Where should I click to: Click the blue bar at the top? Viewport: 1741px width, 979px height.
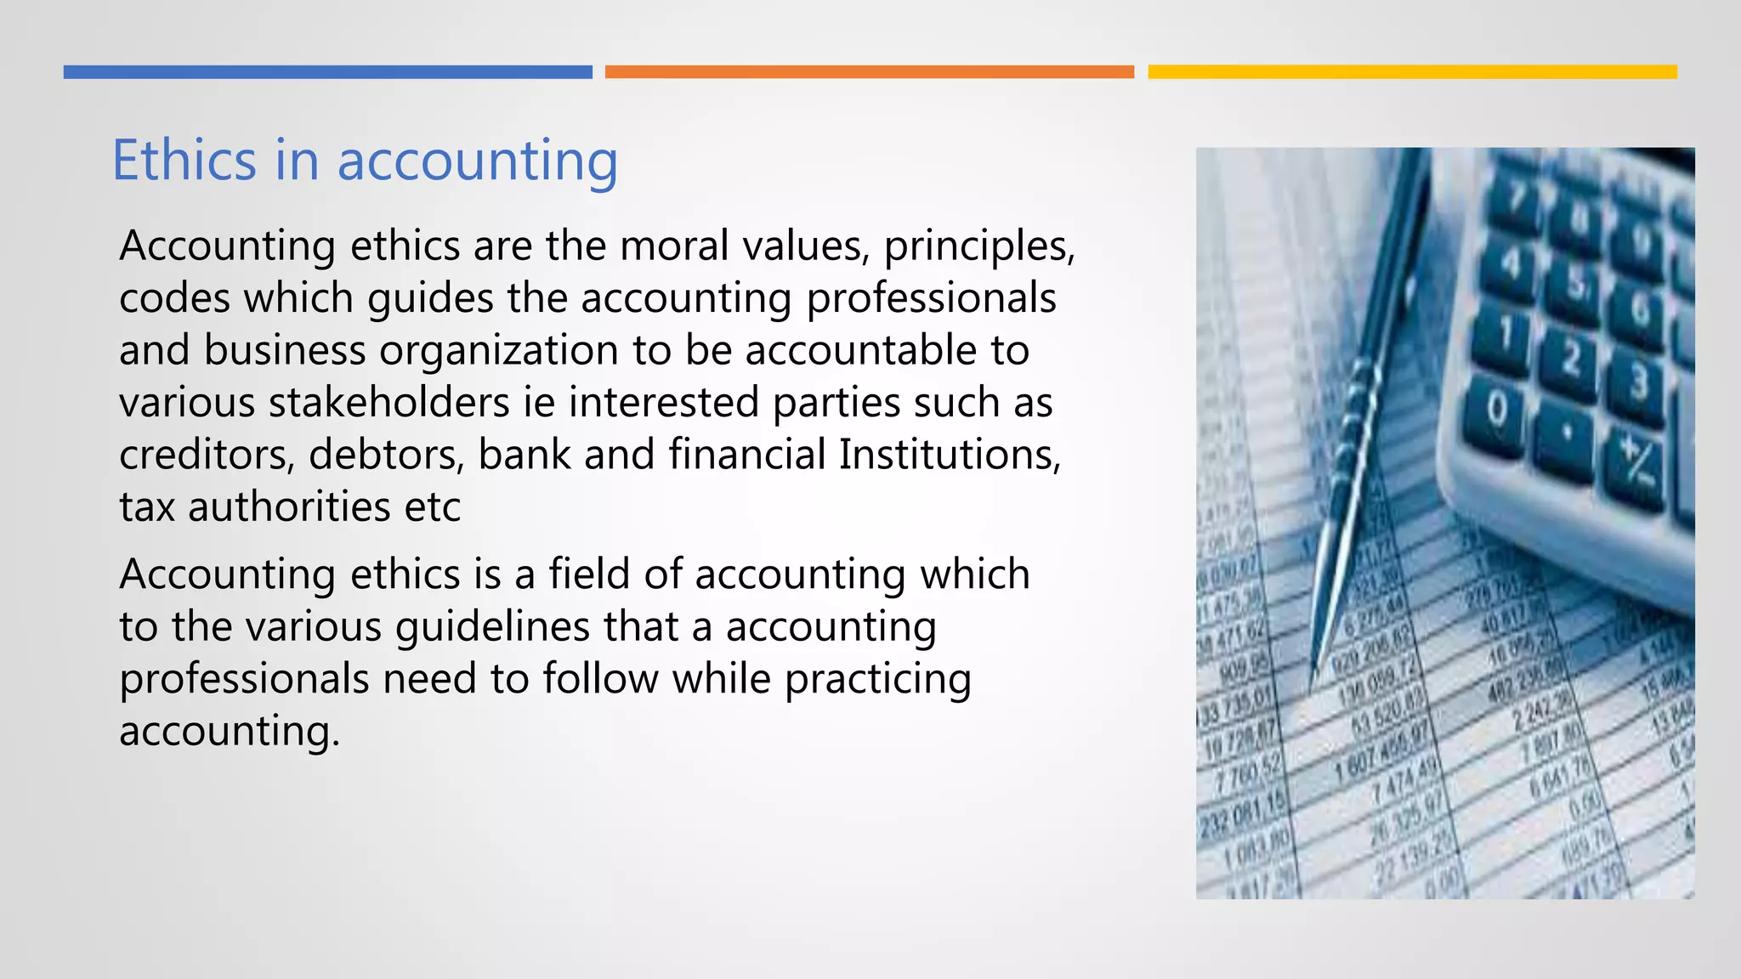tap(327, 72)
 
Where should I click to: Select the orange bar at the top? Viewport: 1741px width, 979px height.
tap(869, 72)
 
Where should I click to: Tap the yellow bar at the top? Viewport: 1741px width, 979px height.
tap(1412, 72)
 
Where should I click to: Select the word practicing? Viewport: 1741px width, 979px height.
tap(877, 680)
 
